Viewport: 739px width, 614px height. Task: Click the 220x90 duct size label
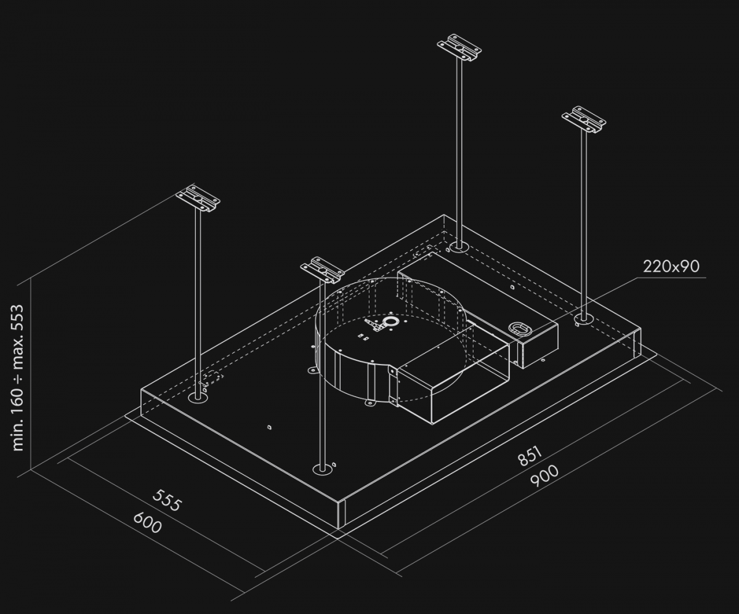click(x=671, y=267)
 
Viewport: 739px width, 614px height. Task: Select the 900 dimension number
click(x=543, y=475)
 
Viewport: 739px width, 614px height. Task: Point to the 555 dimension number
click(x=167, y=501)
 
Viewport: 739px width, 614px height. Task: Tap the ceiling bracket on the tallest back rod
click(x=459, y=47)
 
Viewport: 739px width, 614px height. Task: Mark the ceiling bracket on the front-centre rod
click(x=322, y=270)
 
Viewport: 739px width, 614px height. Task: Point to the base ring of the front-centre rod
click(x=322, y=470)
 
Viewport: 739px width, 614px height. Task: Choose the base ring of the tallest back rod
click(x=458, y=248)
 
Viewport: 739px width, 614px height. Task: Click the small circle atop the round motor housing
click(x=390, y=321)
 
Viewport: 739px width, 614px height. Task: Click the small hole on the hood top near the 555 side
click(x=269, y=427)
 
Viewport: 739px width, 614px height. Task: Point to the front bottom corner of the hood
click(x=341, y=528)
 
